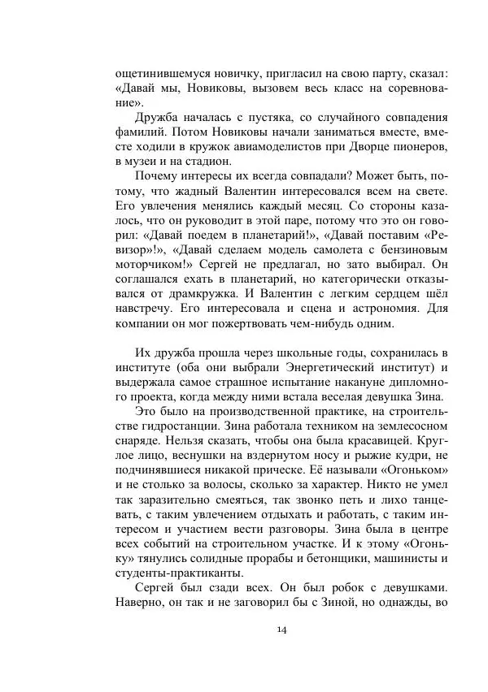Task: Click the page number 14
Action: (281, 629)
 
